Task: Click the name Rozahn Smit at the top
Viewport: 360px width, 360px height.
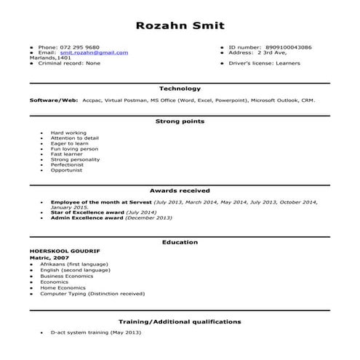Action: pos(180,25)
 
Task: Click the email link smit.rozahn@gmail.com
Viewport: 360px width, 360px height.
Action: pos(94,52)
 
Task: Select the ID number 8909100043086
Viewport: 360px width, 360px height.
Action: pos(289,47)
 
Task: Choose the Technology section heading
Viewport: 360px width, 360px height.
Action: pos(180,88)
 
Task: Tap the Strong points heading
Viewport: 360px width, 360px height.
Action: pos(180,121)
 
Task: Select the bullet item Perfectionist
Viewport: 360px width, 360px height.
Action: pos(68,164)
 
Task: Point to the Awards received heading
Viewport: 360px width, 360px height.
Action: pos(180,189)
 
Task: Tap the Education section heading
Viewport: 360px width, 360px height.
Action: pos(180,242)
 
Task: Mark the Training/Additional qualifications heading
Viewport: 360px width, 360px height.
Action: pos(180,321)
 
